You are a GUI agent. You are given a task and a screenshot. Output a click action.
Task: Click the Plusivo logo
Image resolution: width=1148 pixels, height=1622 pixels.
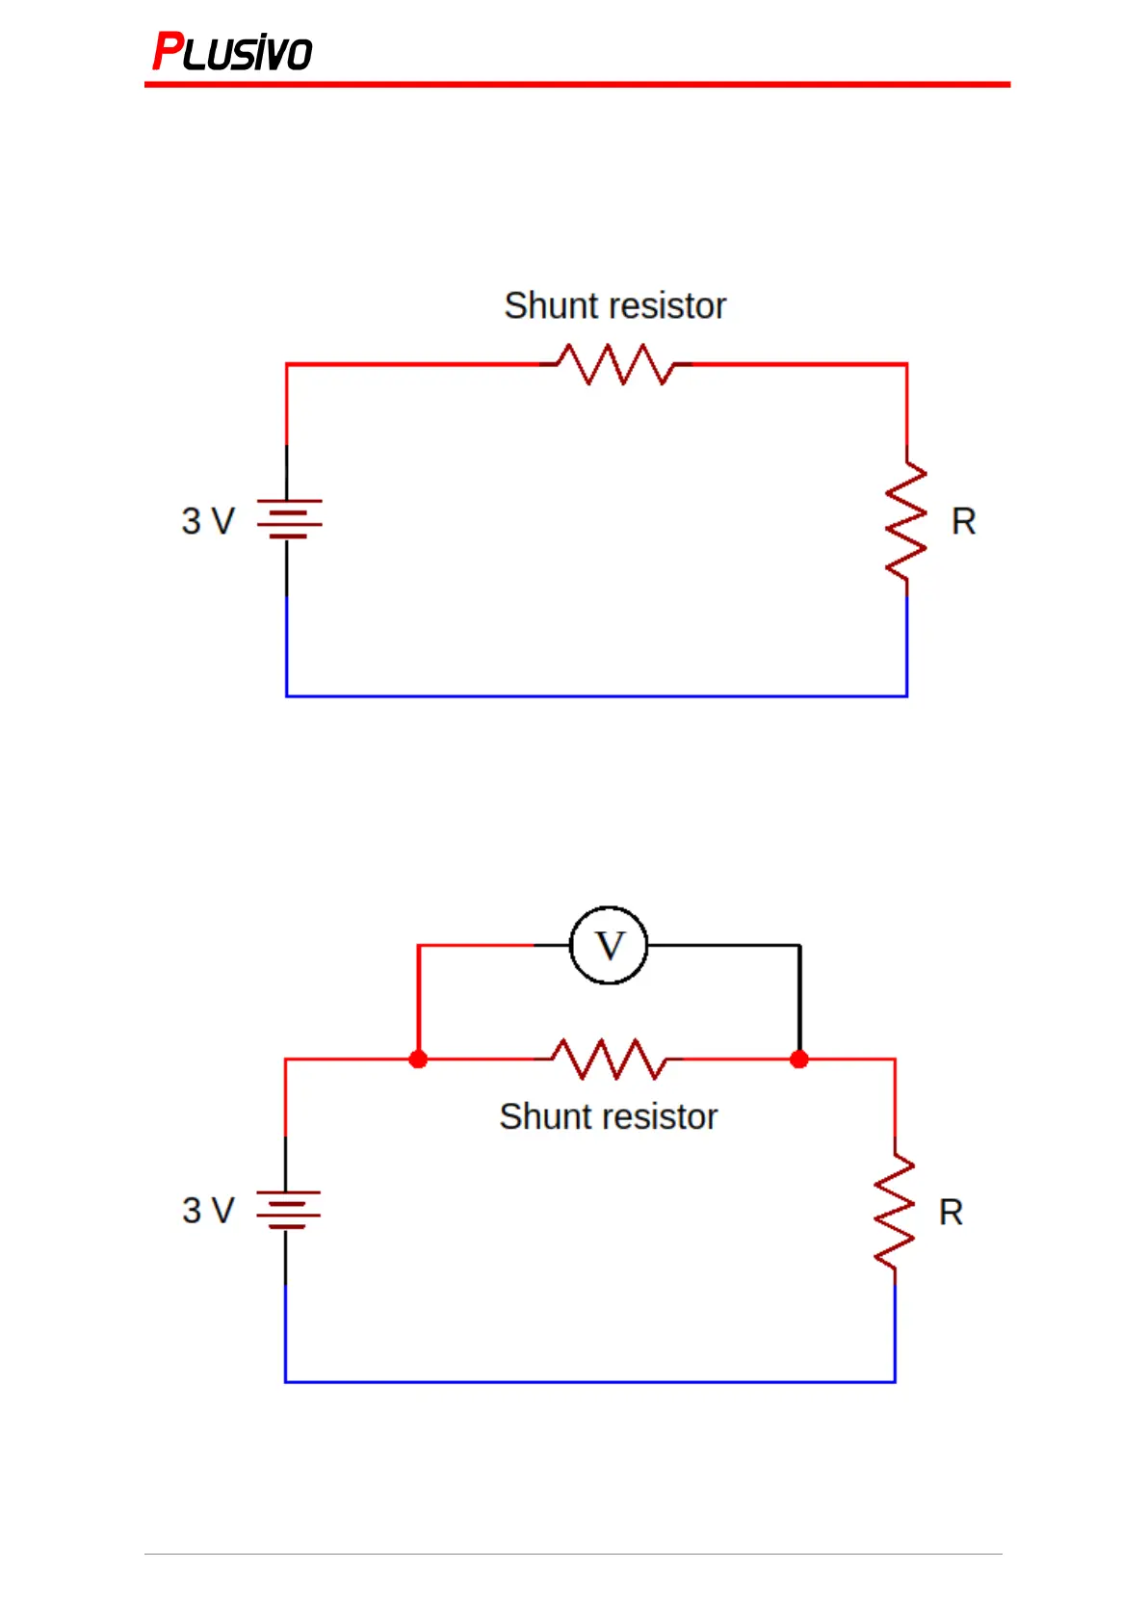232,51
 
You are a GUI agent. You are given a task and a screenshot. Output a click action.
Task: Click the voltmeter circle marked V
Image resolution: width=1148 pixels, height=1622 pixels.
609,945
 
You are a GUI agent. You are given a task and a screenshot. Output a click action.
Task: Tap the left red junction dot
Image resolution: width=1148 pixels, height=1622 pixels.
418,1060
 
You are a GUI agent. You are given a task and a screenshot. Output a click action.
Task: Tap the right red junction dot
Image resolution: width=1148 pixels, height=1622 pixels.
799,1060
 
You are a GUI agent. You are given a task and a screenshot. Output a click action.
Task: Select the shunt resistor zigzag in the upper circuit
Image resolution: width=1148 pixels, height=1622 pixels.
616,364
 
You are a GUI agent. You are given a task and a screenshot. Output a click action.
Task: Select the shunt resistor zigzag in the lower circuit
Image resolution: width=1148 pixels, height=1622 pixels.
609,1060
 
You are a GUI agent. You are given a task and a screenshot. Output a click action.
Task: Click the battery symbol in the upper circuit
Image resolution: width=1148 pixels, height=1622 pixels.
289,518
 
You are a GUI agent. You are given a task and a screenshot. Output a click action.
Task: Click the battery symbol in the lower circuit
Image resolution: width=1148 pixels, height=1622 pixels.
288,1210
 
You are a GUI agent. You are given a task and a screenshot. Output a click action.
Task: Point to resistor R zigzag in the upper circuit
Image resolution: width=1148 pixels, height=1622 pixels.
906,522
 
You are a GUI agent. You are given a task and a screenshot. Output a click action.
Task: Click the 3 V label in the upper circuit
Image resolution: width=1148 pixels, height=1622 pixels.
208,521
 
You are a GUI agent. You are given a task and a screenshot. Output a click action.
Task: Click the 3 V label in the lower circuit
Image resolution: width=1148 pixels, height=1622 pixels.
208,1211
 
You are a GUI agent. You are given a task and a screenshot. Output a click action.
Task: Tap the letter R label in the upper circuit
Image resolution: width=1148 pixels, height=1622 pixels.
963,521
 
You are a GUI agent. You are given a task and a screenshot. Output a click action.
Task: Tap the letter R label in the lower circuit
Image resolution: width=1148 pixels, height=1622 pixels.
951,1212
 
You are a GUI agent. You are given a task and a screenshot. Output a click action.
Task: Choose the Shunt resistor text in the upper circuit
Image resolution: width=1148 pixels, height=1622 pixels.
615,305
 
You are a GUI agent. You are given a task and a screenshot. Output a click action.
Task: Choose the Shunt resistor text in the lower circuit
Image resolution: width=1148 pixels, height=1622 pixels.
609,1116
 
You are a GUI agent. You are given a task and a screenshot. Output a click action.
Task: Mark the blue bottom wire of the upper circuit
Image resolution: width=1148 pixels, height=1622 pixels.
596,695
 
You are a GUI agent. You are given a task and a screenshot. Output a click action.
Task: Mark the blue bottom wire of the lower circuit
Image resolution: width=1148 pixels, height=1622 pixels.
590,1381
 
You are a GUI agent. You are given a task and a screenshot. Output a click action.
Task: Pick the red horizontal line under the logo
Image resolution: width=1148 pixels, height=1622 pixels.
577,85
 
